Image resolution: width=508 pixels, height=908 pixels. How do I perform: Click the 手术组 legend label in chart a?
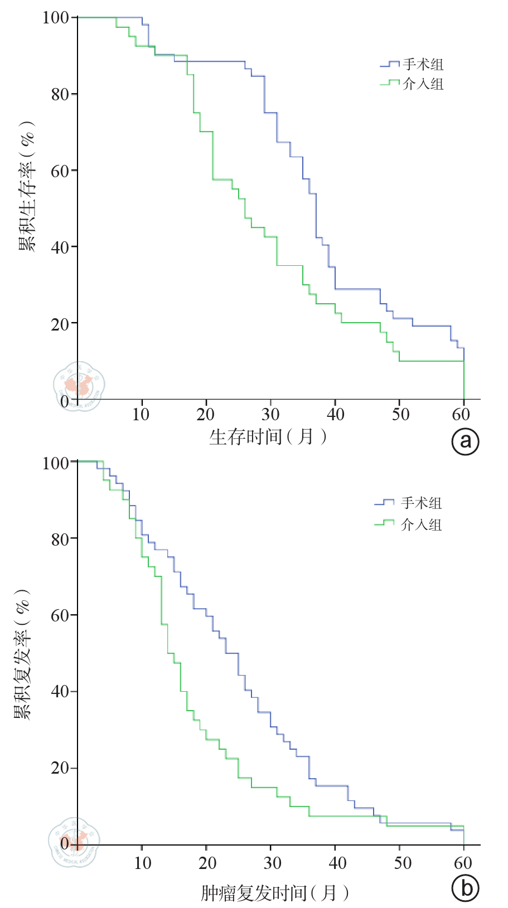pos(423,65)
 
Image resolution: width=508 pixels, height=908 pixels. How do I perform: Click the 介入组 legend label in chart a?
pos(423,84)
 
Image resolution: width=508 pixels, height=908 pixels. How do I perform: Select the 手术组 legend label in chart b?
pos(421,503)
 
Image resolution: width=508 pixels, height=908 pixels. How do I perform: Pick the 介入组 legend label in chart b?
pos(421,525)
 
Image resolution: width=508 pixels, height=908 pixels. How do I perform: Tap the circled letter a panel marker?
pos(465,441)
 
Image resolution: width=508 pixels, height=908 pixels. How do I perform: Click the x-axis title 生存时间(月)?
pos(268,436)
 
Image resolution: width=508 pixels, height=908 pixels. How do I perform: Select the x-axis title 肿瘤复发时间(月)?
pos(275,893)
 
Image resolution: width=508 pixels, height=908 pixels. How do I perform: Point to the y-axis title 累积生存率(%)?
pos(27,187)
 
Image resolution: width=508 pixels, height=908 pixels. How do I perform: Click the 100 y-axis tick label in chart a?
pos(56,18)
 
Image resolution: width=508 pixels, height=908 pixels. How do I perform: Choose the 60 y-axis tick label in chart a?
pos(60,171)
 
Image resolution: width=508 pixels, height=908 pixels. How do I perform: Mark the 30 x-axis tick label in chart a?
pos(271,414)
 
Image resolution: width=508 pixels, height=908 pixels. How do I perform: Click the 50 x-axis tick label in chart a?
pos(400,414)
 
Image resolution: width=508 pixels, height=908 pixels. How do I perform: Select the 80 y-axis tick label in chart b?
pos(60,539)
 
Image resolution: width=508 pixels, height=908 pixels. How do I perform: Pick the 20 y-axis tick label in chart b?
pos(60,768)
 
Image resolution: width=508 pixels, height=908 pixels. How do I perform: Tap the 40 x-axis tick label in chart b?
pos(337,863)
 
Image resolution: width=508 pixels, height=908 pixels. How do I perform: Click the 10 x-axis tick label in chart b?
pos(143,863)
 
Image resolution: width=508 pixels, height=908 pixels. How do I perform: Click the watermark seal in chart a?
pos(79,386)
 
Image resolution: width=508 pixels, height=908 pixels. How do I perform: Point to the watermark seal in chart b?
pos(74,842)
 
